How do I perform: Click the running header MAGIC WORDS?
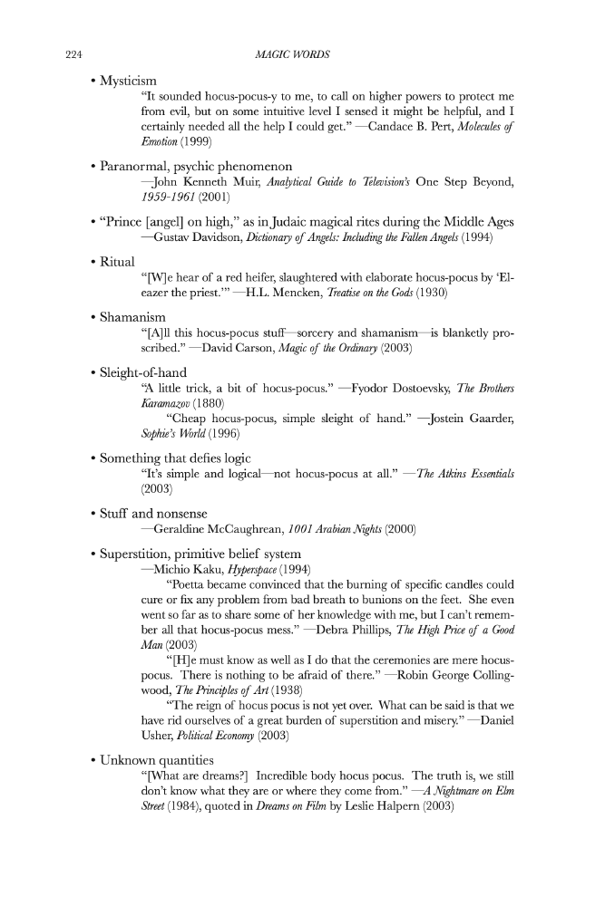(x=294, y=54)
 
